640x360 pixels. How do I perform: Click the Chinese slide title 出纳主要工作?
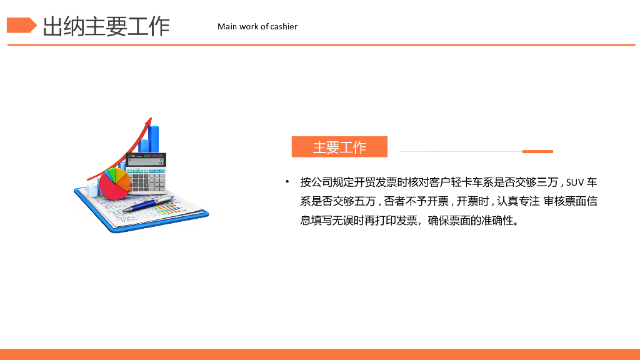click(x=106, y=26)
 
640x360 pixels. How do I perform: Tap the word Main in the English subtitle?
click(x=227, y=26)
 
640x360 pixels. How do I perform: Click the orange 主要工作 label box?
click(x=339, y=147)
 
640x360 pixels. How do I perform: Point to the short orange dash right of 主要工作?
click(x=537, y=151)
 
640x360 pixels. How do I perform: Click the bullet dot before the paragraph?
click(x=287, y=182)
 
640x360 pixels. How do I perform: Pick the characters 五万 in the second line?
click(x=365, y=201)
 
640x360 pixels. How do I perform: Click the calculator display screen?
click(x=146, y=161)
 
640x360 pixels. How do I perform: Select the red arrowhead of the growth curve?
click(x=149, y=121)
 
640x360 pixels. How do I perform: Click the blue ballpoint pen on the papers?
click(x=147, y=204)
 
